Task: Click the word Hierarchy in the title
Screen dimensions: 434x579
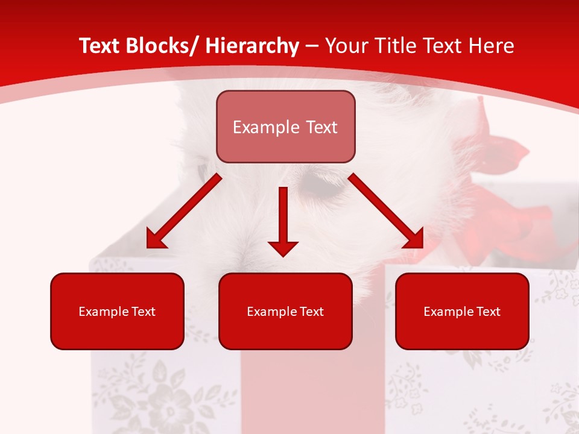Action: [252, 46]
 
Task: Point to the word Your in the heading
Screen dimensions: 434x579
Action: [344, 46]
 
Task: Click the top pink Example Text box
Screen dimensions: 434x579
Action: [285, 127]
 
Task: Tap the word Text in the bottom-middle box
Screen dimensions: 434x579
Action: [311, 312]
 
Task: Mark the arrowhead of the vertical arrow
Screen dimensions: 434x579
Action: [283, 247]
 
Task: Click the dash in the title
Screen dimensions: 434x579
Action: [312, 46]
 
